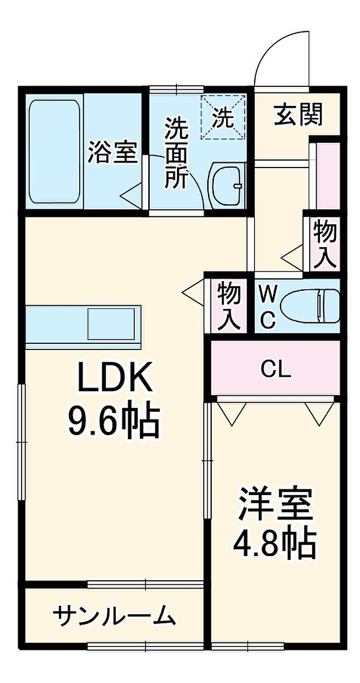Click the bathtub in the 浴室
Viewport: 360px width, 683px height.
coord(55,151)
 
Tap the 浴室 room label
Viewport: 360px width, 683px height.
coord(112,152)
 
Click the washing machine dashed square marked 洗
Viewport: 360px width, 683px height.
coord(222,117)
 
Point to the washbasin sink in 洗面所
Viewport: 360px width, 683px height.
coord(226,185)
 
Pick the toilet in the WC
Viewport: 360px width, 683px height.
coord(310,306)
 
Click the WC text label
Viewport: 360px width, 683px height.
coord(267,307)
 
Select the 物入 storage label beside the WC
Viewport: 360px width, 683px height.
coord(229,306)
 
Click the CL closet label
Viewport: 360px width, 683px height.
coord(276,370)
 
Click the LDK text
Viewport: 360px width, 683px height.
coord(115,376)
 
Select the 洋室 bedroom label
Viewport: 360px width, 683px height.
coord(276,504)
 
